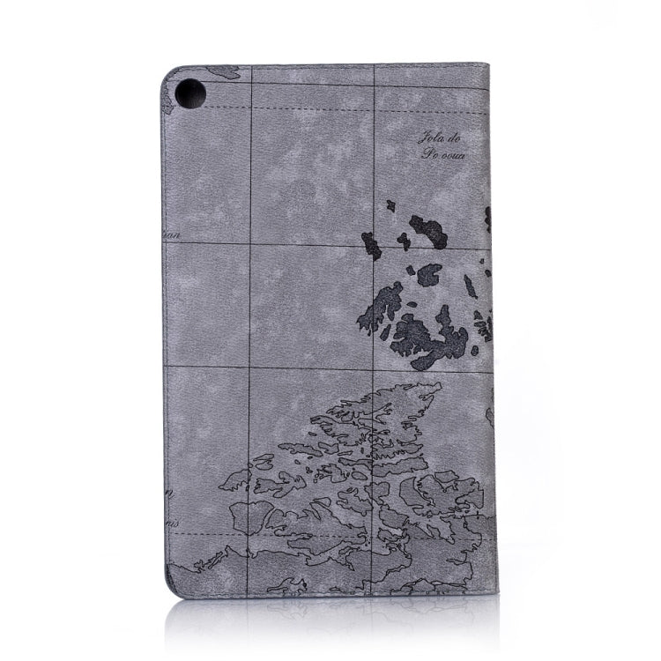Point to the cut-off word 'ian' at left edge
[172, 234]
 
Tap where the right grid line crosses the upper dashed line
[375, 244]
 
